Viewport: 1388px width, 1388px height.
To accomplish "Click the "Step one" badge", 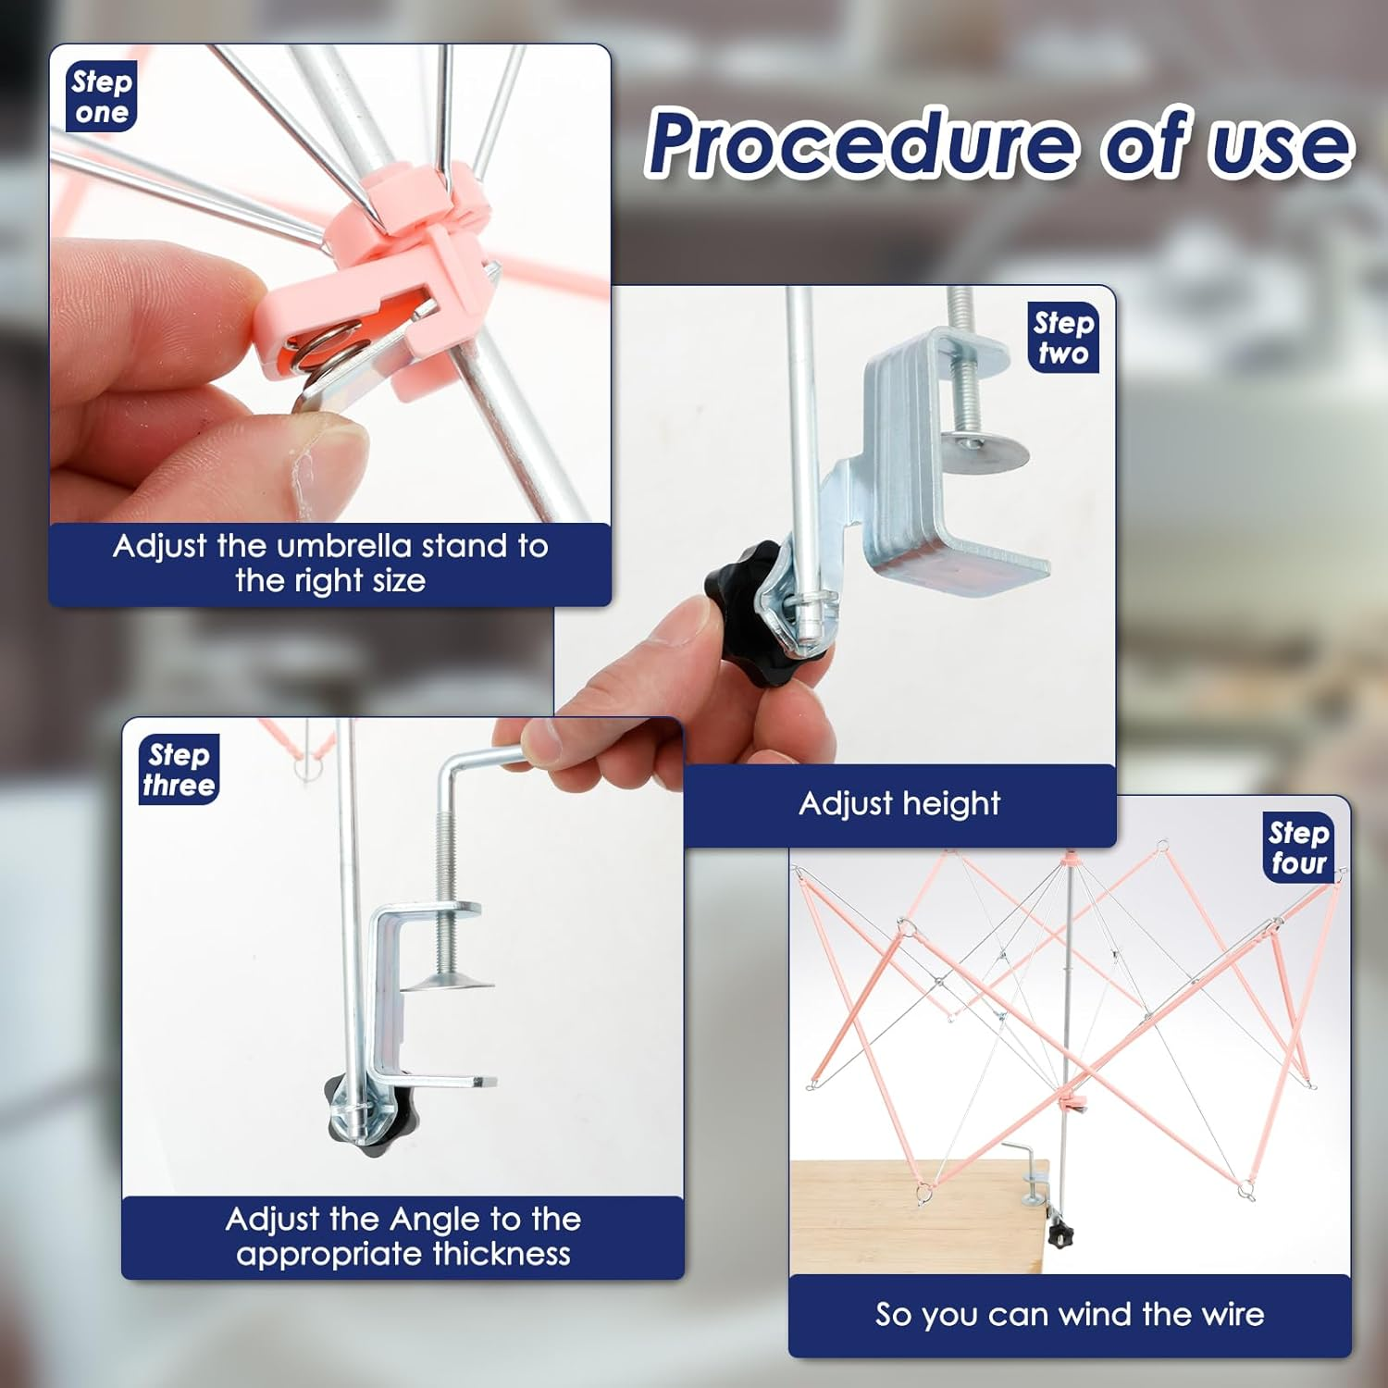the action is tap(102, 96).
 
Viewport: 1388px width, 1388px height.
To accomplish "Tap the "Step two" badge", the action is tap(1063, 338).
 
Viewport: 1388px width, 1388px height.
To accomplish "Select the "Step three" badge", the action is tap(179, 770).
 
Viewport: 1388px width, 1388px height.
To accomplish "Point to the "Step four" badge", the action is tap(1298, 848).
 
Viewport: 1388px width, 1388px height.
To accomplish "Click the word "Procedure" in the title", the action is tap(862, 143).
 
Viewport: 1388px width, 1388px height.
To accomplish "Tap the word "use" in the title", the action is tap(1282, 148).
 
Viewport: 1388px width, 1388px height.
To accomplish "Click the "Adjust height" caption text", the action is tap(899, 804).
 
